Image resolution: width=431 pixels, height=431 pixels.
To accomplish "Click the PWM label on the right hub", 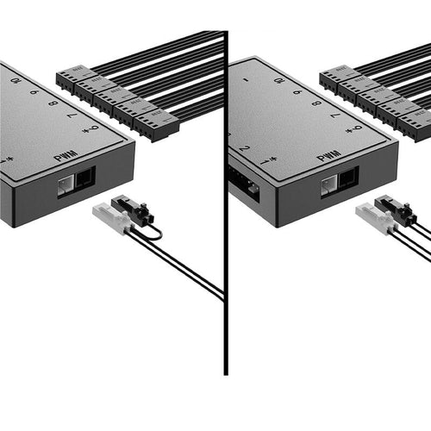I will pos(328,157).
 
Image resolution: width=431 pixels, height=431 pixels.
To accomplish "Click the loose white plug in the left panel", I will pos(112,218).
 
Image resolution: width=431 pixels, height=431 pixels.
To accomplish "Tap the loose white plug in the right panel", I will pos(374,216).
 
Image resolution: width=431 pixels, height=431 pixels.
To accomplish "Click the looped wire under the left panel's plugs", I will pos(153,233).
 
